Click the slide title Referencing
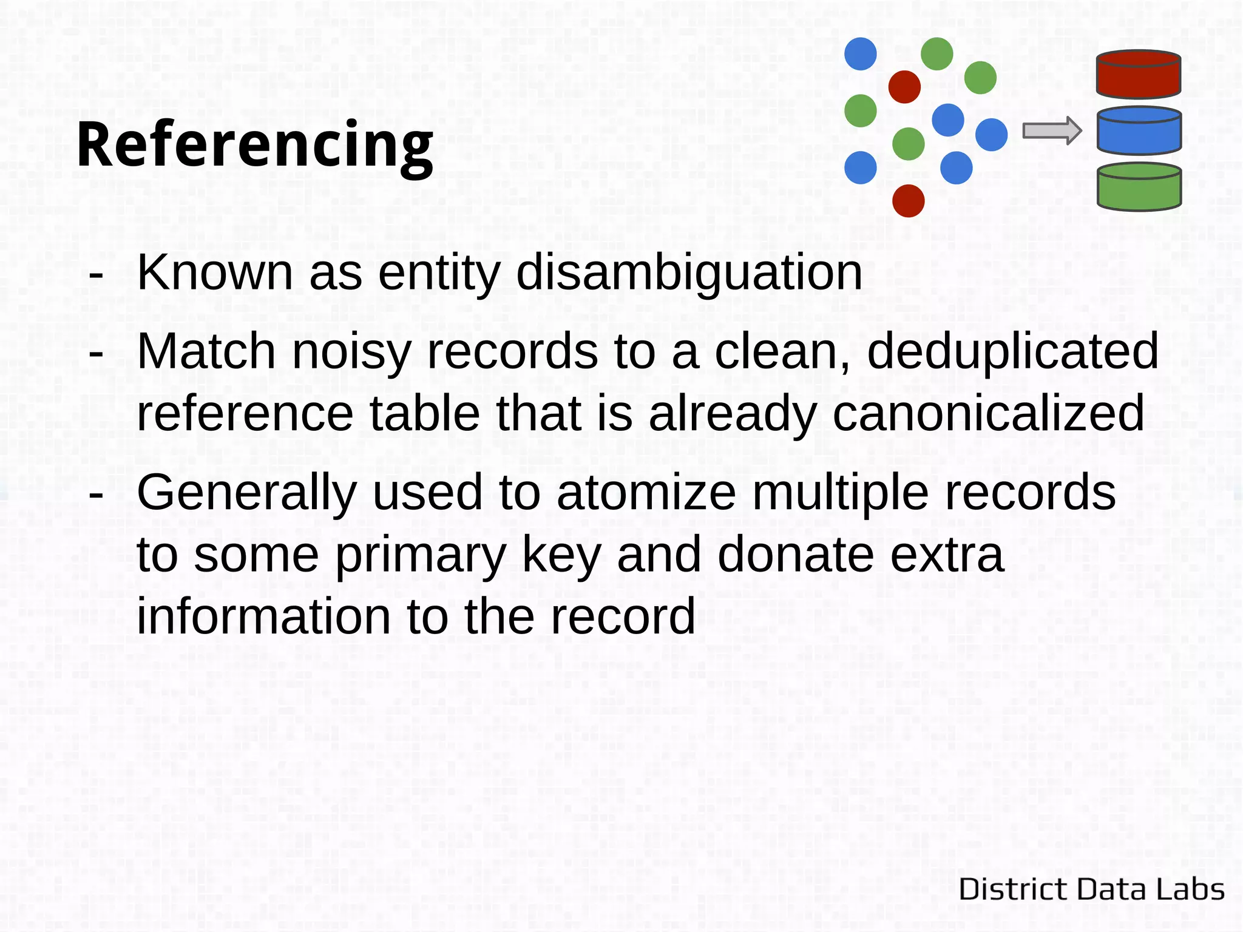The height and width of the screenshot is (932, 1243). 255,146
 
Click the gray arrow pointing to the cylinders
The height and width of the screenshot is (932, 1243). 1051,131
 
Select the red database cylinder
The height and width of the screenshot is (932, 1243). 1139,74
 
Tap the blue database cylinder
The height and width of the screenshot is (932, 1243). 1139,131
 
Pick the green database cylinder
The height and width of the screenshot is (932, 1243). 1139,187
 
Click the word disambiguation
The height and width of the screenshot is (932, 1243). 689,272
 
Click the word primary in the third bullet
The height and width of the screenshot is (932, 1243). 420,555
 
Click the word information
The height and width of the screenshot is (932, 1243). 263,616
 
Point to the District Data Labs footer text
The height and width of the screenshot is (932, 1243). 1091,890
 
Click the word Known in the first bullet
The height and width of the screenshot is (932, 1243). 215,272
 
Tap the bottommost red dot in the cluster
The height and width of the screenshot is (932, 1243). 908,201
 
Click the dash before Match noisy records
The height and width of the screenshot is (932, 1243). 96,353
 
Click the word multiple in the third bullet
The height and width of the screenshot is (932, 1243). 841,493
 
